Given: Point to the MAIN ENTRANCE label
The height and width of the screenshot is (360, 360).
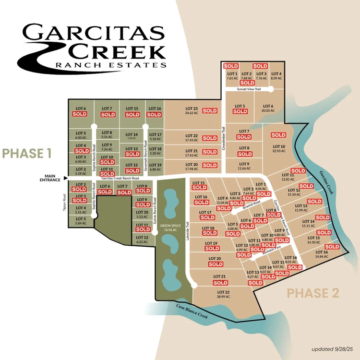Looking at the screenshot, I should click(x=50, y=178).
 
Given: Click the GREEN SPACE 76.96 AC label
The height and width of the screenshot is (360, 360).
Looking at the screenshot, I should click(x=169, y=228).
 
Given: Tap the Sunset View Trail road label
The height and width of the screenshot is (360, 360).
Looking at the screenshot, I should click(x=249, y=89).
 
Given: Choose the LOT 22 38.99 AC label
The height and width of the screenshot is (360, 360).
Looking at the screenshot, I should click(x=223, y=294).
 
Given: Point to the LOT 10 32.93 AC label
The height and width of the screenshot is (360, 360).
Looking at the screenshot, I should click(x=279, y=148).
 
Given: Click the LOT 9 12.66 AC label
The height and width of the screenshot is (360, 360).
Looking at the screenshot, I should click(x=244, y=166).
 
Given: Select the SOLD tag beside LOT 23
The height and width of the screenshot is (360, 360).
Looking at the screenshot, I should click(x=210, y=110).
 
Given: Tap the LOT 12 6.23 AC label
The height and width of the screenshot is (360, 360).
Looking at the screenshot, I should click(x=142, y=240).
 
